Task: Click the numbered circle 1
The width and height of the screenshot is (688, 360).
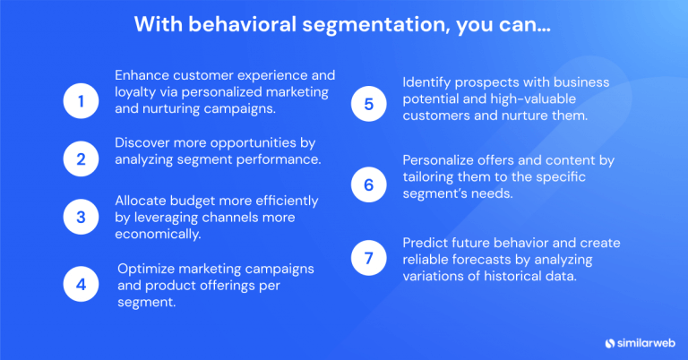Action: pyautogui.click(x=81, y=101)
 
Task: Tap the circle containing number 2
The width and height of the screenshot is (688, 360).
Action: pyautogui.click(x=81, y=159)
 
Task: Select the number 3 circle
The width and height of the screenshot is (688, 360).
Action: pyautogui.click(x=81, y=217)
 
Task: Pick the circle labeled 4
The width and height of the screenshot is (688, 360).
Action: pyautogui.click(x=81, y=284)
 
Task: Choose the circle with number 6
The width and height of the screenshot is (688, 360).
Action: pyautogui.click(x=368, y=184)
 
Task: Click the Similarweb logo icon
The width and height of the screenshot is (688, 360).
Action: pyautogui.click(x=609, y=341)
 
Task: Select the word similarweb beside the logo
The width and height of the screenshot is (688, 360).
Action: pyautogui.click(x=644, y=341)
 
